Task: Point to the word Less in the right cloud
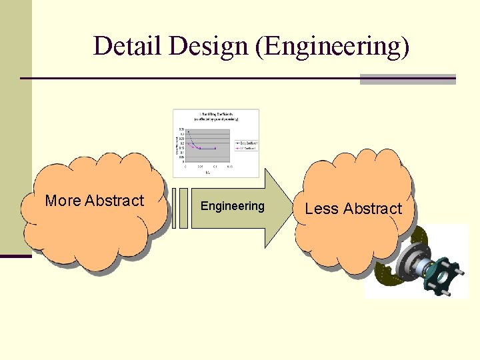(x=321, y=209)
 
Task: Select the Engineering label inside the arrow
(x=233, y=206)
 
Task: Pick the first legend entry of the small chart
(x=245, y=143)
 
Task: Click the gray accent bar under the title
(x=407, y=79)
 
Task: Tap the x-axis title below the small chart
(x=207, y=171)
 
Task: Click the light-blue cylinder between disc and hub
(x=427, y=270)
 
